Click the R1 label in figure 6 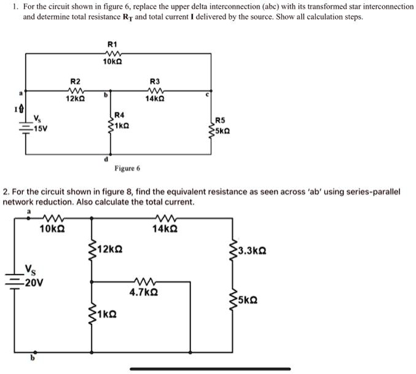click(112, 45)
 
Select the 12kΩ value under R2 click(76, 98)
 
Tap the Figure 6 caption click(127, 168)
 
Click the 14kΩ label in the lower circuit click(166, 228)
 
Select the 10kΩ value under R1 click(112, 62)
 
